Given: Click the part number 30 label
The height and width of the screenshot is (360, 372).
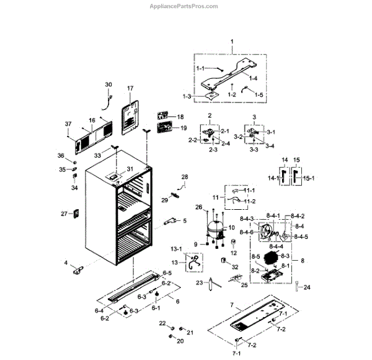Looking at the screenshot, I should pyautogui.click(x=108, y=84).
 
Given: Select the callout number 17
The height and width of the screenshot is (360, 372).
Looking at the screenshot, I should pyautogui.click(x=130, y=89).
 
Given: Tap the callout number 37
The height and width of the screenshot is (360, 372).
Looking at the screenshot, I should pyautogui.click(x=69, y=125).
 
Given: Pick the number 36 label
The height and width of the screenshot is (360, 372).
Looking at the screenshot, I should pyautogui.click(x=61, y=156).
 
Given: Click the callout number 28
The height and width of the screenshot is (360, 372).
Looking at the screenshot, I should pyautogui.click(x=184, y=178).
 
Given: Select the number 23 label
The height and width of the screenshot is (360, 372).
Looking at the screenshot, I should pyautogui.click(x=200, y=282).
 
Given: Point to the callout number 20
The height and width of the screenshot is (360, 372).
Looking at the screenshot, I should pyautogui.click(x=180, y=341).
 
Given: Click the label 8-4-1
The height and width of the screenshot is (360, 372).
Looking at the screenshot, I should pyautogui.click(x=274, y=215).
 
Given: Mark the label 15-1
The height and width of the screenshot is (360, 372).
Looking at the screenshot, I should pyautogui.click(x=308, y=178).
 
